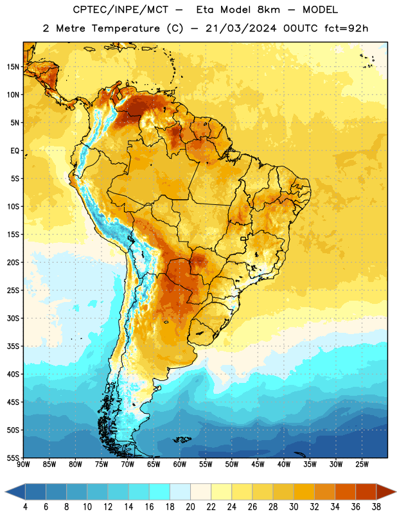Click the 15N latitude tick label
pyautogui.click(x=13, y=67)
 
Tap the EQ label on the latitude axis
pyautogui.click(x=15, y=151)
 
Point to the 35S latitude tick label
pyautogui.click(x=13, y=346)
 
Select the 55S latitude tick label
pyautogui.click(x=13, y=458)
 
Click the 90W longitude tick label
pyautogui.click(x=23, y=465)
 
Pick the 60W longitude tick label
pyautogui.click(x=180, y=465)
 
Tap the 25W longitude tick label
pyautogui.click(x=362, y=465)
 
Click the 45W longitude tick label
pyautogui.click(x=258, y=465)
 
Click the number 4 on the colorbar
pyautogui.click(x=25, y=507)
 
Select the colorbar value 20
pyautogui.click(x=190, y=507)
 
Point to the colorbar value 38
pyautogui.click(x=376, y=507)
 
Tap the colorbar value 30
pyautogui.click(x=294, y=507)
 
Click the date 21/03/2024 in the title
pyautogui.click(x=241, y=28)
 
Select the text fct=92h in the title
pyautogui.click(x=346, y=28)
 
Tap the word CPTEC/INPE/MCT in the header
pyautogui.click(x=121, y=10)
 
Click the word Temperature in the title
pyautogui.click(x=126, y=28)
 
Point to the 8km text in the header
pyautogui.click(x=269, y=10)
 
